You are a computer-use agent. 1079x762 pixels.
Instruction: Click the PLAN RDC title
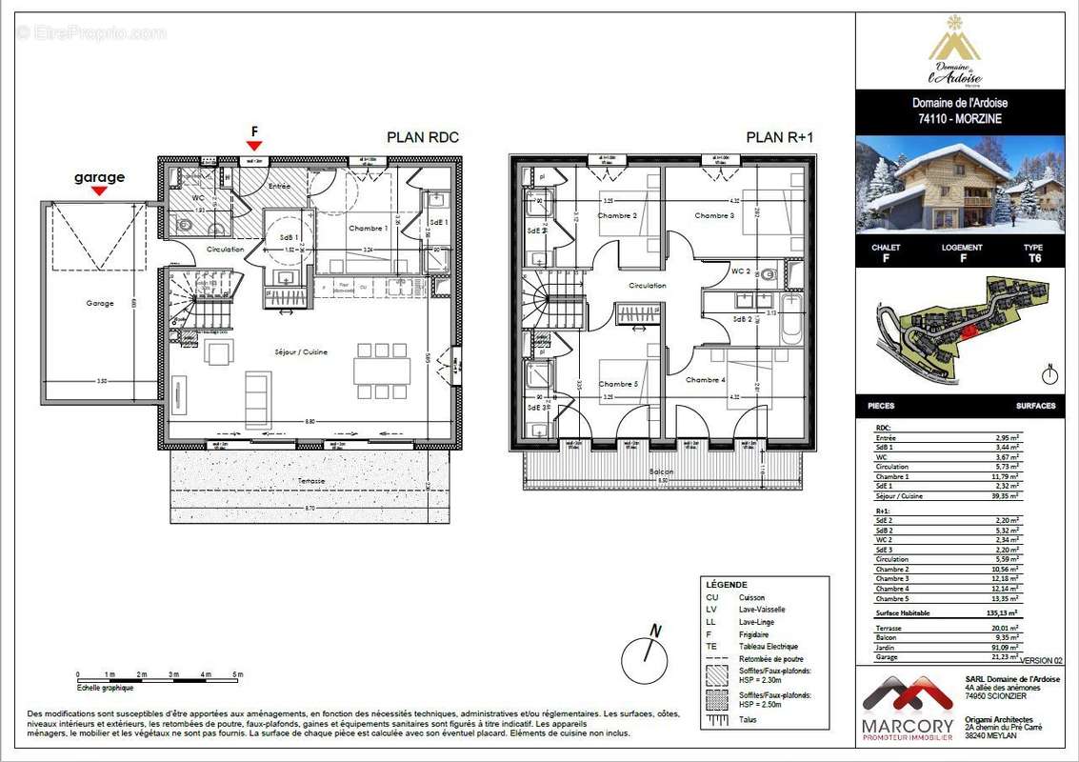coord(422,137)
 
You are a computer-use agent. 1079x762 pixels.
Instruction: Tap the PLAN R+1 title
coord(780,137)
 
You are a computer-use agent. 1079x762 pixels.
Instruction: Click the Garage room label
coord(99,303)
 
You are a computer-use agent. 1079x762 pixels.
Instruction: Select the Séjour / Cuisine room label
coord(304,351)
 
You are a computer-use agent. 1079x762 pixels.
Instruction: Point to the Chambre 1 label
coord(367,229)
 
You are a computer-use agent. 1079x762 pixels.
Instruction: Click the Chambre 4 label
coord(706,380)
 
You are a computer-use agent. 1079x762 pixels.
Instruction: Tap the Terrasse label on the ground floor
coord(310,481)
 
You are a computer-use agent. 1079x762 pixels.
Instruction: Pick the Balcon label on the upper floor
coord(662,472)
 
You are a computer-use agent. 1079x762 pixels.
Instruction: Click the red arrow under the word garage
coord(99,190)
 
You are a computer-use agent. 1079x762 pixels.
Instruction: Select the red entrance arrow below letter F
coord(254,146)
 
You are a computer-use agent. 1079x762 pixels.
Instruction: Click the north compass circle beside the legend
coord(644,657)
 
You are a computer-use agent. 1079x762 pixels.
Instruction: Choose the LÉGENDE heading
coord(727,584)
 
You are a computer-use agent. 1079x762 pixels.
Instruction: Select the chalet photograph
coord(959,185)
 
